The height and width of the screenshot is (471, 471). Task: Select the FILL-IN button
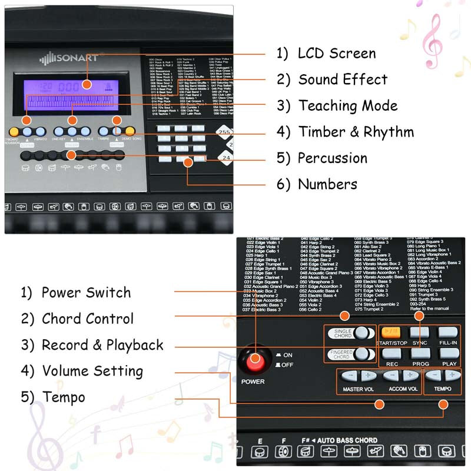[x=448, y=333]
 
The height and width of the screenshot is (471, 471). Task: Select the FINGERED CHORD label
[x=342, y=354]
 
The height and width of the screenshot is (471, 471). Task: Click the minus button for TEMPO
[x=434, y=376]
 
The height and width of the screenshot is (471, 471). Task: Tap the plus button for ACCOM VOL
[x=411, y=376]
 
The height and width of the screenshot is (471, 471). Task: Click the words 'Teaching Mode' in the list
[x=347, y=106]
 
